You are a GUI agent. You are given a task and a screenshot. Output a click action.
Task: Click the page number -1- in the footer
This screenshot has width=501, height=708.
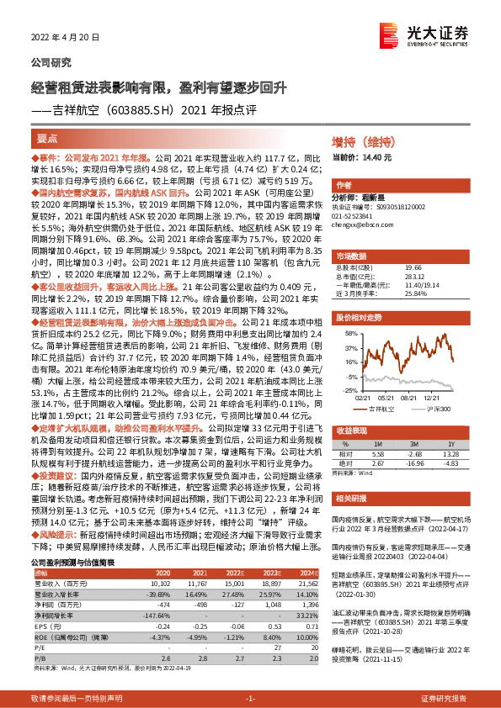click(249, 698)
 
